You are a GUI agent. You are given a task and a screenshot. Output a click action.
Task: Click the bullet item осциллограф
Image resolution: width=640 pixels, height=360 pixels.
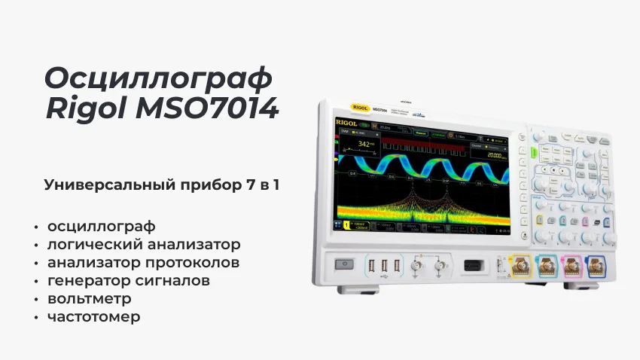point(101,226)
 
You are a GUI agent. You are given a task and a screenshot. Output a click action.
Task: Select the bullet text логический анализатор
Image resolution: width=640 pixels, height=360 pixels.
point(144,244)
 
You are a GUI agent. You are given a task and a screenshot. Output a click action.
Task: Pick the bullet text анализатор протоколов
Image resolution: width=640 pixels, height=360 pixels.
point(143,262)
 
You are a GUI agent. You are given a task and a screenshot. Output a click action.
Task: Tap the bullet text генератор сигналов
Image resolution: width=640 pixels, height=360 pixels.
point(128,280)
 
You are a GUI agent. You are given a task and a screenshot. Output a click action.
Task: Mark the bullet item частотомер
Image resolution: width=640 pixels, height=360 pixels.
point(93,316)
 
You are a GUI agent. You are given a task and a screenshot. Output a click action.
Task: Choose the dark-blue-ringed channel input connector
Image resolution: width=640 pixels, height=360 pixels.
point(596,266)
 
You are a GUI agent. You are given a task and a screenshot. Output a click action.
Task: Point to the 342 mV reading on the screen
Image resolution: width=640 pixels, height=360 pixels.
point(367,144)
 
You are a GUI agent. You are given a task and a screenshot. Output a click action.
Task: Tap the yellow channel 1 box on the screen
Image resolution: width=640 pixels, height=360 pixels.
point(346,225)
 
